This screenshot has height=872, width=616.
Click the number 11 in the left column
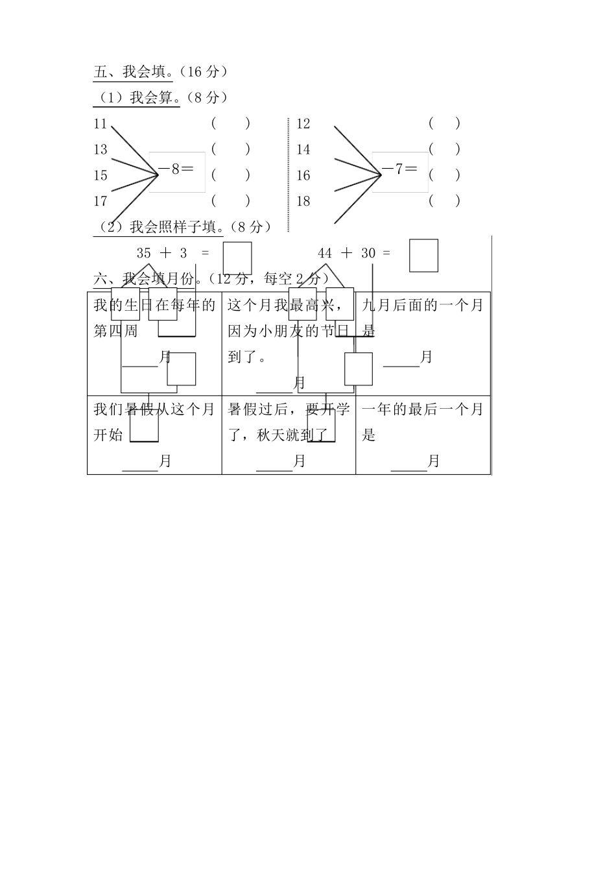(100, 123)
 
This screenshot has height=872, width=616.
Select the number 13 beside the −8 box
(100, 149)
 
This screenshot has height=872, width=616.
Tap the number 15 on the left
(100, 175)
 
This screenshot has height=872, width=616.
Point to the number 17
(100, 201)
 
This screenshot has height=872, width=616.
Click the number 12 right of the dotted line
(303, 123)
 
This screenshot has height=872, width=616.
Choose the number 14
(303, 149)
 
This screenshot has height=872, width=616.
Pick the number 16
(303, 175)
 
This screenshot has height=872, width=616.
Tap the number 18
(303, 201)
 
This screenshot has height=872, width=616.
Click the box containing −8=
(177, 172)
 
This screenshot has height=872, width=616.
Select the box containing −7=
(400, 172)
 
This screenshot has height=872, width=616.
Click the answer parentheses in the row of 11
(230, 123)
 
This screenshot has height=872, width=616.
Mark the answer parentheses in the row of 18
(444, 201)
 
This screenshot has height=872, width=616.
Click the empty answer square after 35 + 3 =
(237, 258)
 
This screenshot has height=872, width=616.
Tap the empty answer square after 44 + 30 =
(423, 256)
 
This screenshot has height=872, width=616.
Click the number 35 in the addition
(144, 253)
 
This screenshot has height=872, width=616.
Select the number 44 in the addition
(325, 253)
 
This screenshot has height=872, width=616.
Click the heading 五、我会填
(133, 71)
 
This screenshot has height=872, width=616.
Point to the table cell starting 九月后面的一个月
(423, 343)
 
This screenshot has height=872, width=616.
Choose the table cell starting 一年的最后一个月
(423, 435)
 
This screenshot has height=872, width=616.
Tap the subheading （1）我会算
(136, 97)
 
